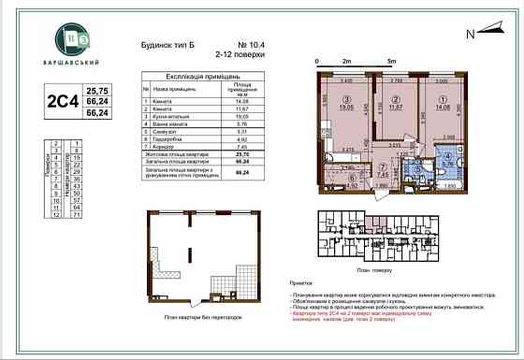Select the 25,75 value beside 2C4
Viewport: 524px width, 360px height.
point(96,91)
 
